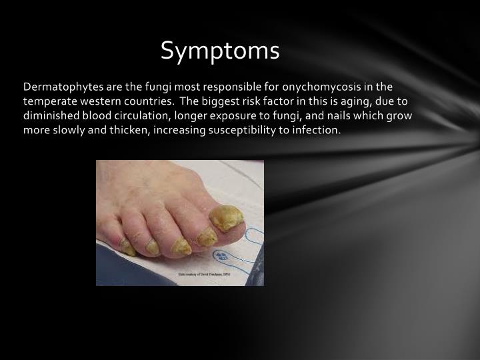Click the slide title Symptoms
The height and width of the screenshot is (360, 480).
click(221, 51)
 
